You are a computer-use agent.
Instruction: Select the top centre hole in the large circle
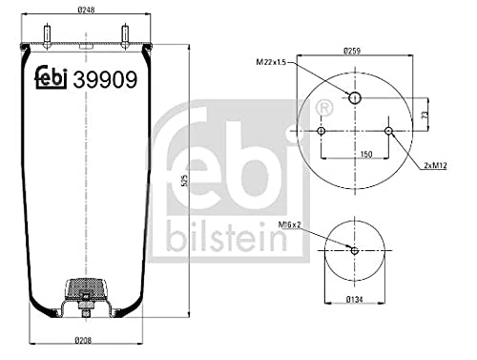[354, 98]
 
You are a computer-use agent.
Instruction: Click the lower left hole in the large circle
[321, 131]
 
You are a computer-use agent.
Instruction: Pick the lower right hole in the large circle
[388, 131]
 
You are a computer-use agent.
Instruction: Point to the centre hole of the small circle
[354, 251]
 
